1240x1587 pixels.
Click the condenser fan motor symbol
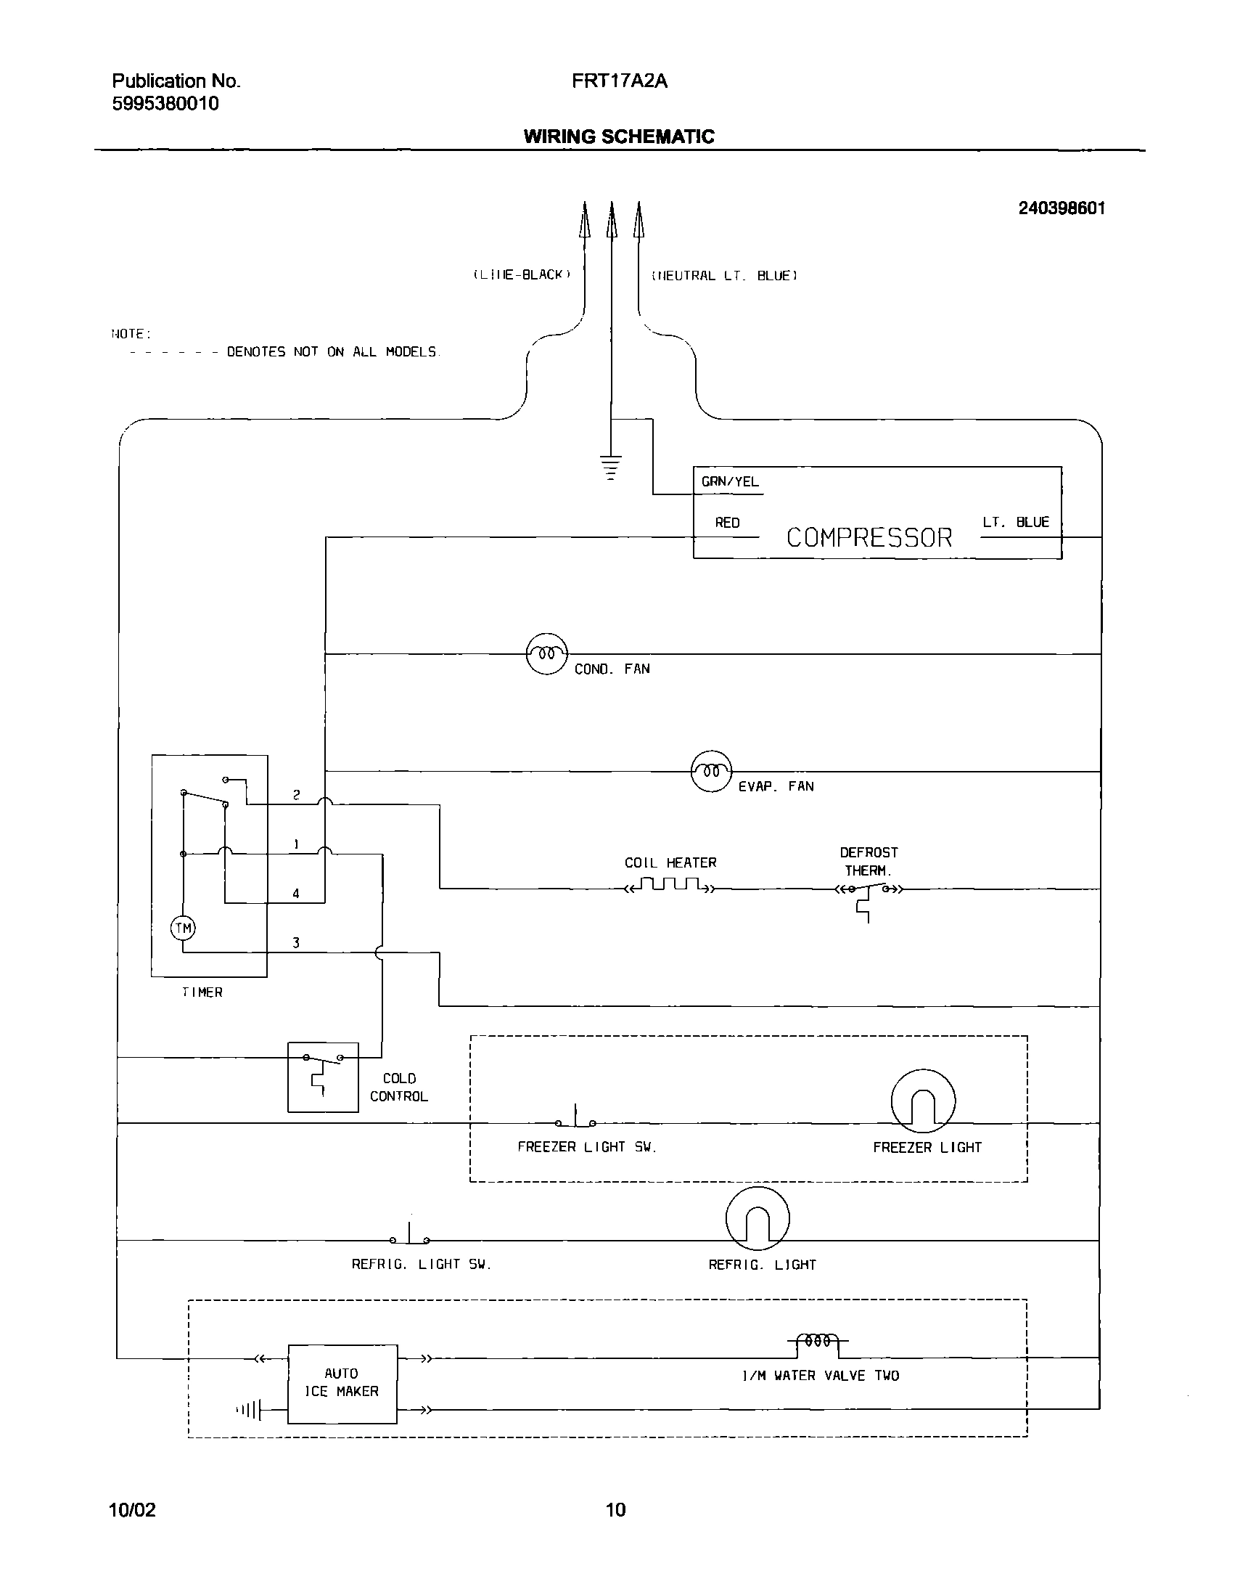pos(546,654)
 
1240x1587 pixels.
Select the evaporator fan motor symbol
pos(711,772)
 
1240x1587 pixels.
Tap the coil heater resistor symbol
pos(670,886)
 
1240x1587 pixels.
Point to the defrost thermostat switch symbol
pos(868,891)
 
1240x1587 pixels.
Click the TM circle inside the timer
pos(183,928)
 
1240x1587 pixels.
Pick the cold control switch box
pos(323,1077)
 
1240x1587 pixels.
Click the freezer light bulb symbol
pos(922,1101)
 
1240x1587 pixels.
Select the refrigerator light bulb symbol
pos(757,1219)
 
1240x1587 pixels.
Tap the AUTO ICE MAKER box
pos(342,1384)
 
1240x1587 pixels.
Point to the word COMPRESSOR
pos(869,539)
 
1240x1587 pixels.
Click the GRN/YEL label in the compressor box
pos(729,482)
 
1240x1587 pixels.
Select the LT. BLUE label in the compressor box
pos(1016,523)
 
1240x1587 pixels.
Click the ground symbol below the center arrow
pos(611,467)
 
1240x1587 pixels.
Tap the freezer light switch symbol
pos(575,1119)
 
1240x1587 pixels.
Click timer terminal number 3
pos(295,943)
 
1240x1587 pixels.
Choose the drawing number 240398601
pos(1062,208)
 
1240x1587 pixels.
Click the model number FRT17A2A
pos(619,81)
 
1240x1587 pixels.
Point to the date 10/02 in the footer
pos(132,1510)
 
